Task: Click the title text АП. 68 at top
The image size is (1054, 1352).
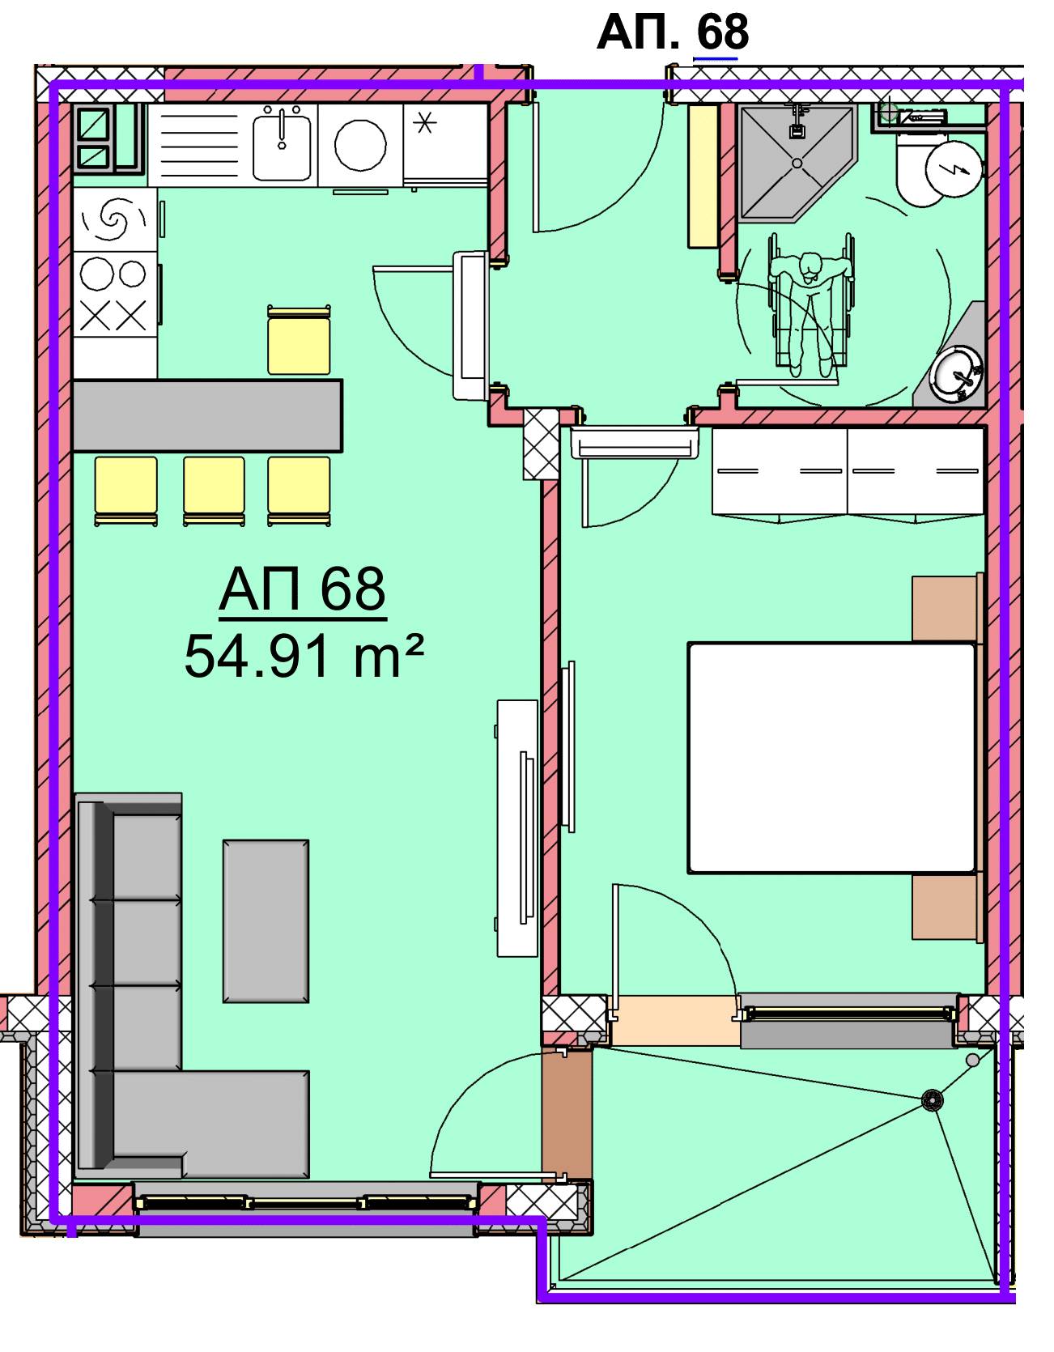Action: click(x=672, y=32)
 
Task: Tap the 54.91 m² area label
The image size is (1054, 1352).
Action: click(x=304, y=657)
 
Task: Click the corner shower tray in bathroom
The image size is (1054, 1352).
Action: click(x=797, y=161)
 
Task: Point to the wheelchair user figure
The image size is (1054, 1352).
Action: click(x=809, y=305)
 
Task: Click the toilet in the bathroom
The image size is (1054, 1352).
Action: click(x=939, y=171)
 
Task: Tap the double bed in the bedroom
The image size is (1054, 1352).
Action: click(x=831, y=758)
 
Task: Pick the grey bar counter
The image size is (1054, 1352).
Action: click(x=207, y=415)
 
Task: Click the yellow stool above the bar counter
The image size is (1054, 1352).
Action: click(x=299, y=341)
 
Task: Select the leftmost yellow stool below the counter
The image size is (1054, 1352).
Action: click(x=125, y=490)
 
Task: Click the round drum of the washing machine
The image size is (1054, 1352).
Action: click(x=360, y=146)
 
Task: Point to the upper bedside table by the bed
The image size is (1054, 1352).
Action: click(x=945, y=608)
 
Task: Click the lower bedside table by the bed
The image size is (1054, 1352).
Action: click(x=945, y=907)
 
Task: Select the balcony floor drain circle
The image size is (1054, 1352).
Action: click(x=933, y=1099)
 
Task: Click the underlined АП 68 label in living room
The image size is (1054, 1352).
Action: click(x=302, y=591)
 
